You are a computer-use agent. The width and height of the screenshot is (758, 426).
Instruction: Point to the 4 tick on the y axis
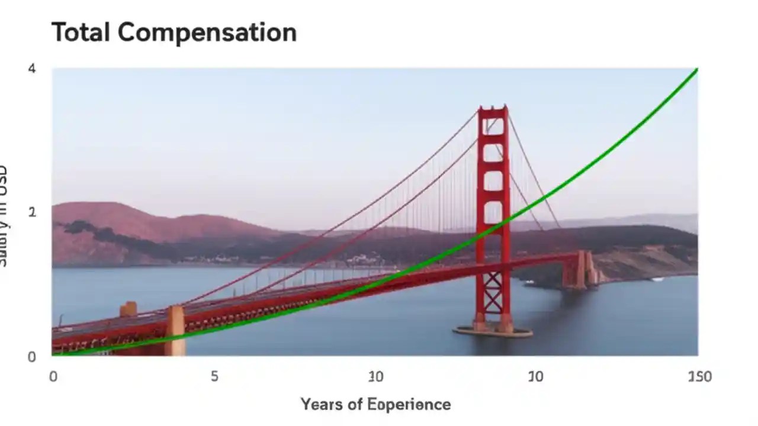coord(32,69)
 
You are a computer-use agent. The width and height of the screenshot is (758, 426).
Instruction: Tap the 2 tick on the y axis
coord(32,212)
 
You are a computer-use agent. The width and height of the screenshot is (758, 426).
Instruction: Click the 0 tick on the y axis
coord(32,356)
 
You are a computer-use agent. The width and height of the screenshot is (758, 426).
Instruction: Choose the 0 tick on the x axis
coord(53,377)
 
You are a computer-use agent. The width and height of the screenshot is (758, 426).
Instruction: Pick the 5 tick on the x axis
coord(214,377)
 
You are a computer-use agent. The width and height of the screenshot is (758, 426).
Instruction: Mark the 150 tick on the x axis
coord(699,377)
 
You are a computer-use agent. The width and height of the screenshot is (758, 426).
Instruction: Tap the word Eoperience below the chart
coord(409,405)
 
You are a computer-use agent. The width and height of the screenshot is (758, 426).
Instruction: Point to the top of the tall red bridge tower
coord(493,108)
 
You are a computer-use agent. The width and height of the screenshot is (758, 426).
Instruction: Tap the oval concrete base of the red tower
coord(493,331)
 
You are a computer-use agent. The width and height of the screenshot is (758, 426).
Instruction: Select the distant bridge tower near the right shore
coord(580,269)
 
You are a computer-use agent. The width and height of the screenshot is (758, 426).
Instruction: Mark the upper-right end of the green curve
coord(696,70)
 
